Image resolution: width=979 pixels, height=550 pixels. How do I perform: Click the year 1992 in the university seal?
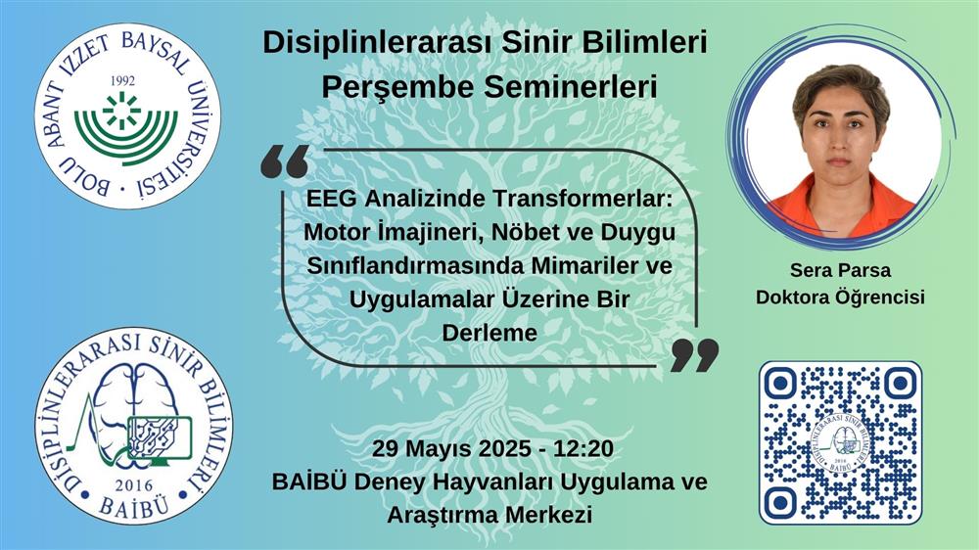122,80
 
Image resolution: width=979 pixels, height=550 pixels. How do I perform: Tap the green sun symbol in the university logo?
122,113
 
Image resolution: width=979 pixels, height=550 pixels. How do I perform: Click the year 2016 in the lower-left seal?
133,485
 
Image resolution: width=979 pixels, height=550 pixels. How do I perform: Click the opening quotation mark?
285,162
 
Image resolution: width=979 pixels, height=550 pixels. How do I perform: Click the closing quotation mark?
694,356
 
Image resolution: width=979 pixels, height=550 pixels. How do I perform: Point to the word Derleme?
489,332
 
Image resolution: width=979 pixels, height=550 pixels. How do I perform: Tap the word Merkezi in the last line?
548,515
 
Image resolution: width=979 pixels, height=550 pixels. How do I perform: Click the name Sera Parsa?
840,270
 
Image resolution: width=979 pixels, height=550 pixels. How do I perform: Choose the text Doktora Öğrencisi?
840,297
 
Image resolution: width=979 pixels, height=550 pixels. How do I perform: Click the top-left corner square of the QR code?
780,384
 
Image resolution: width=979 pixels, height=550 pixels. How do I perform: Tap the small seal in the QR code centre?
840,442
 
